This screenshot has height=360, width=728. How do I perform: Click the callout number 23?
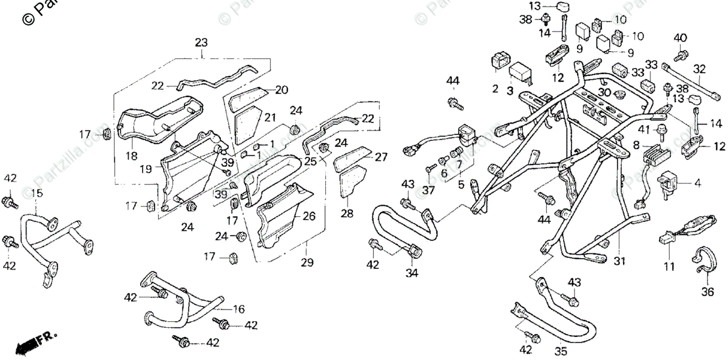[x=201, y=43]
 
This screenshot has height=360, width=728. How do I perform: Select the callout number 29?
[x=307, y=262]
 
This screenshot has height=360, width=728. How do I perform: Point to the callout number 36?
[x=707, y=292]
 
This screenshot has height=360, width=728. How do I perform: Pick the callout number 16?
[x=238, y=310]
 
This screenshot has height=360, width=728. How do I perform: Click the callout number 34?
[x=413, y=273]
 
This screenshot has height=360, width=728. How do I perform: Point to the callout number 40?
[x=681, y=38]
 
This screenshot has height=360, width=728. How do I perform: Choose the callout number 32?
[x=699, y=69]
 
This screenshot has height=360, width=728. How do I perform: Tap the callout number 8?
[x=636, y=145]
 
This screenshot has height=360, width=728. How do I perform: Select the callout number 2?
[x=495, y=89]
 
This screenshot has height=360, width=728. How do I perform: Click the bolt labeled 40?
[x=680, y=55]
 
